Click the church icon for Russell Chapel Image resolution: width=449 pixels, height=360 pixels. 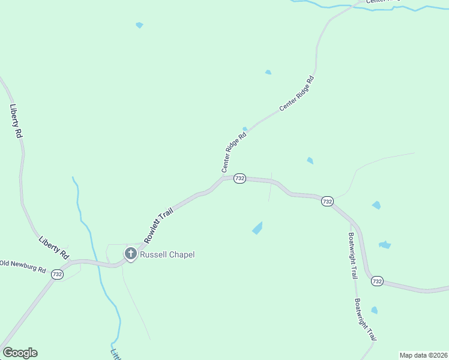point(130,254)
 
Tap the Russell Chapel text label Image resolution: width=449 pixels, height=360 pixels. point(167,254)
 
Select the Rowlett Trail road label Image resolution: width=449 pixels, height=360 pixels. point(158,224)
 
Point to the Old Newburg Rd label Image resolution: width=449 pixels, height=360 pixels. point(23,266)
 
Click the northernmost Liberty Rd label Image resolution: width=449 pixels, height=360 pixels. point(16,122)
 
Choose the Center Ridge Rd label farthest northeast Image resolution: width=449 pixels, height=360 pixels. point(297,94)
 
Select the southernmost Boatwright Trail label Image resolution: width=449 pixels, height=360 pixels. point(364,320)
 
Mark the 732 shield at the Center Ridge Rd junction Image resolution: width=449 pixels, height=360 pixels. point(240,179)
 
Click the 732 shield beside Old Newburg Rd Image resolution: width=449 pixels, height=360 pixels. point(57,274)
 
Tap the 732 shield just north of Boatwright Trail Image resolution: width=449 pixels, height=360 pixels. point(327,202)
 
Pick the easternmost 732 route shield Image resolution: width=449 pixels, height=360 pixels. point(377,281)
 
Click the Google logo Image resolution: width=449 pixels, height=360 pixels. point(20,353)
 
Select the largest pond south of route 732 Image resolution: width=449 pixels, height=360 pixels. point(258,228)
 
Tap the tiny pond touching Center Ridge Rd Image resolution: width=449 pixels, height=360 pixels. point(245,128)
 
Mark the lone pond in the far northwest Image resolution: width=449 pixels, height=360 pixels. point(139,25)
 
